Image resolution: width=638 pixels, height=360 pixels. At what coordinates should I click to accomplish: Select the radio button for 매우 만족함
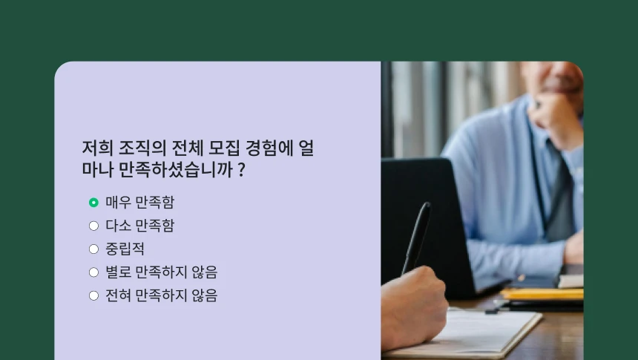93,202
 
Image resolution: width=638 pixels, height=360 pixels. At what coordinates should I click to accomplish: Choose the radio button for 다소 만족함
93,226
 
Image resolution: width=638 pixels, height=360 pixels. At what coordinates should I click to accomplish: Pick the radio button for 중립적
93,249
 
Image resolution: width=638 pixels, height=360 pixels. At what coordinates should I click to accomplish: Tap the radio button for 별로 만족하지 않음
93,272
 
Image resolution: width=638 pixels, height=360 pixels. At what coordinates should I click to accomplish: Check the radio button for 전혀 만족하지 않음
93,295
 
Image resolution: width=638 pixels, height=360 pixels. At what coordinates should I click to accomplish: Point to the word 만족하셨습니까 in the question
175,170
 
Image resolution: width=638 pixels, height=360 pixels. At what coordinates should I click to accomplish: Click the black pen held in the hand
417,236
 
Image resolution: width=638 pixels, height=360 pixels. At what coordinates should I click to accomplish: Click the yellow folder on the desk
542,294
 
